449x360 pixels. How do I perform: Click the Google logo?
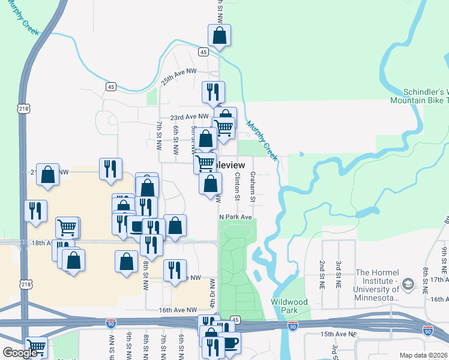pos(20,353)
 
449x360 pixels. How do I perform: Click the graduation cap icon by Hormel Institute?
pos(408,284)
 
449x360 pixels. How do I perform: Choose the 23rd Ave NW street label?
pos(189,117)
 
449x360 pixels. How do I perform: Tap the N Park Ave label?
pos(235,217)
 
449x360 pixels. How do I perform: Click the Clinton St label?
pos(238,186)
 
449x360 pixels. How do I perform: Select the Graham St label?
pos(253,187)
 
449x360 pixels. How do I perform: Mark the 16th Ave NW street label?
pos(178,310)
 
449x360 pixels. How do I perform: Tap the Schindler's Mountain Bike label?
pos(420,97)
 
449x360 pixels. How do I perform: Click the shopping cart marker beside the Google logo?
pos(37,347)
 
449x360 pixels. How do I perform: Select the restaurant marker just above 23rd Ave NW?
pos(213,92)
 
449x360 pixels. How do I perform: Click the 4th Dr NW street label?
pos(212,291)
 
